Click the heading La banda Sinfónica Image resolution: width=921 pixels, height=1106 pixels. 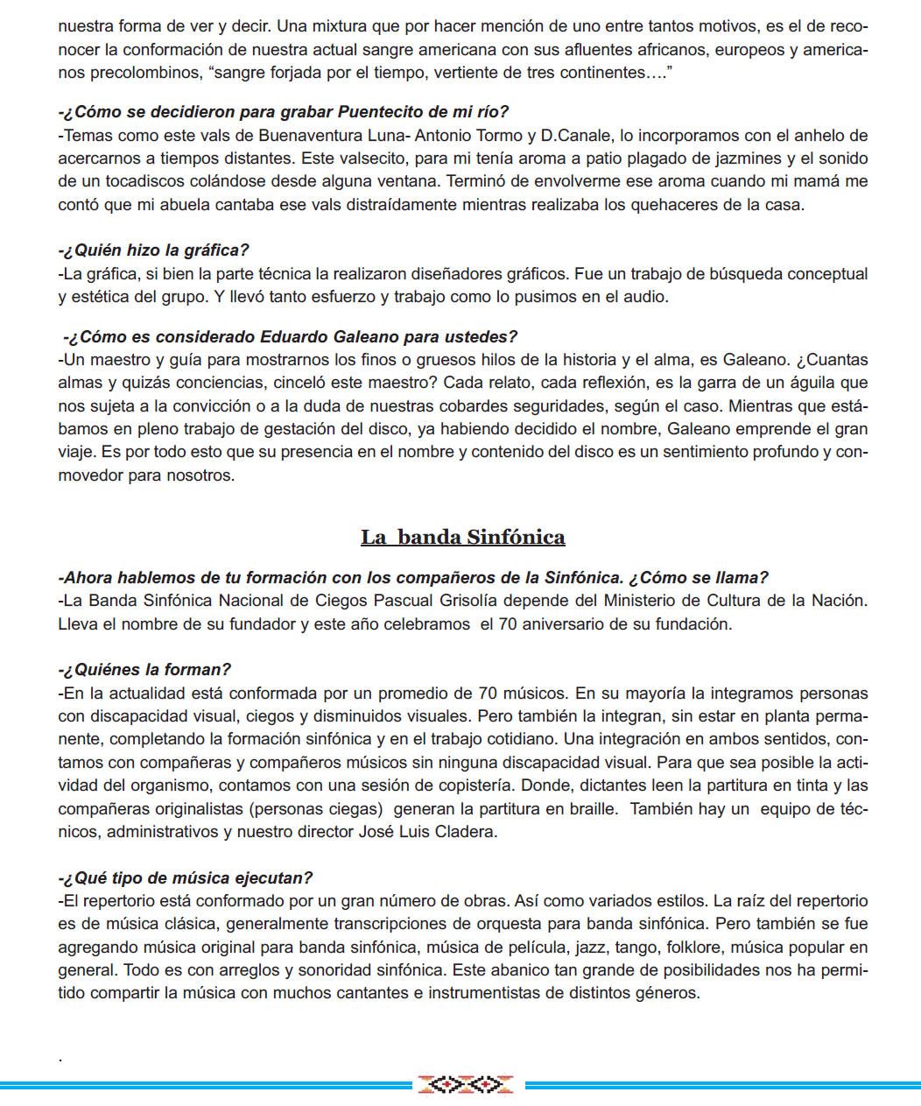462,537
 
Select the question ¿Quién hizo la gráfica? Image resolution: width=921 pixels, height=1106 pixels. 154,250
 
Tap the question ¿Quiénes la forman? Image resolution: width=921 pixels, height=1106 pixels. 145,670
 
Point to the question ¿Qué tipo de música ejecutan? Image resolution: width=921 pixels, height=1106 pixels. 186,878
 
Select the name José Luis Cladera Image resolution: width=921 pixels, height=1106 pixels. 427,832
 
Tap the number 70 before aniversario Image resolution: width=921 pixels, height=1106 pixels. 508,624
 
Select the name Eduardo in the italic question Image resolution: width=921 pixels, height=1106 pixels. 294,337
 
